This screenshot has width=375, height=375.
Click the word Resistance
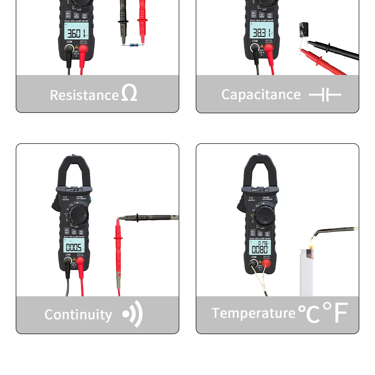pyautogui.click(x=84, y=95)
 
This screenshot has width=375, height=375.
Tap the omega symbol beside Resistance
pyautogui.click(x=129, y=93)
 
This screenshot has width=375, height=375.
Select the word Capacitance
pyautogui.click(x=261, y=94)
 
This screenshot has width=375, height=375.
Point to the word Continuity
pyautogui.click(x=78, y=314)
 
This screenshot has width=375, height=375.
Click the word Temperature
pyautogui.click(x=253, y=313)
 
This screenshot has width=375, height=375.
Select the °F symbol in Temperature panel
pyautogui.click(x=336, y=312)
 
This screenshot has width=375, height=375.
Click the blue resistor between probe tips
pyautogui.click(x=132, y=45)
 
